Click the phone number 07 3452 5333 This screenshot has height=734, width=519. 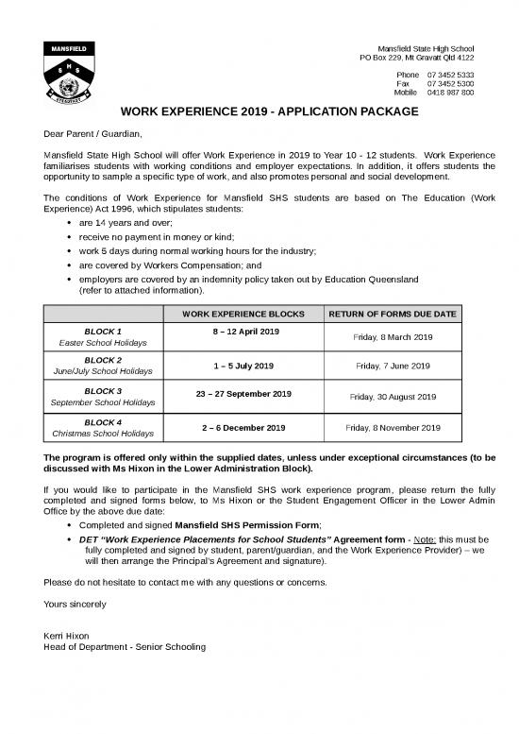(x=450, y=75)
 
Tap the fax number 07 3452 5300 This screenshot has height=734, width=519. (x=450, y=84)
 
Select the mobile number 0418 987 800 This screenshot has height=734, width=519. (x=450, y=94)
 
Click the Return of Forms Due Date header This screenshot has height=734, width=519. (x=393, y=314)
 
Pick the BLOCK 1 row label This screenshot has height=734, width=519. (x=103, y=332)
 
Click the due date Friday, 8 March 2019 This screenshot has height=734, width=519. (x=393, y=337)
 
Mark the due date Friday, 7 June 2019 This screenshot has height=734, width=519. (x=393, y=366)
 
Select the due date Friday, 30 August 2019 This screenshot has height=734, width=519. (x=393, y=397)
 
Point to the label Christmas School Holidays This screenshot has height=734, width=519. (x=103, y=434)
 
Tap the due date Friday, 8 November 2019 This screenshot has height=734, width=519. (x=393, y=428)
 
